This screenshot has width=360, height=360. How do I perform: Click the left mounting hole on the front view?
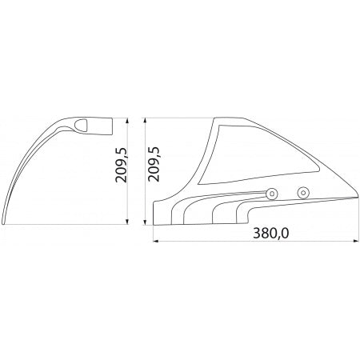pyautogui.click(x=273, y=192)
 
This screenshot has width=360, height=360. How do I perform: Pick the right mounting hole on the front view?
pyautogui.click(x=302, y=192)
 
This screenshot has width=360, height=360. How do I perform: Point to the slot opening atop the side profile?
pyautogui.click(x=84, y=125)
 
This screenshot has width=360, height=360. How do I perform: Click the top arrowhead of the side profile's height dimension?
pyautogui.click(x=131, y=120)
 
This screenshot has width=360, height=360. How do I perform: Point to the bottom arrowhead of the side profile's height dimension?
pyautogui.click(x=131, y=224)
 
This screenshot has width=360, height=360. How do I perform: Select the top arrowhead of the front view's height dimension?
pyautogui.click(x=145, y=120)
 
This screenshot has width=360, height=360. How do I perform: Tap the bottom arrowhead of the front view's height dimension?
pyautogui.click(x=145, y=224)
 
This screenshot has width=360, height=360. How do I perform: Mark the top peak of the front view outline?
pyautogui.click(x=216, y=118)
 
